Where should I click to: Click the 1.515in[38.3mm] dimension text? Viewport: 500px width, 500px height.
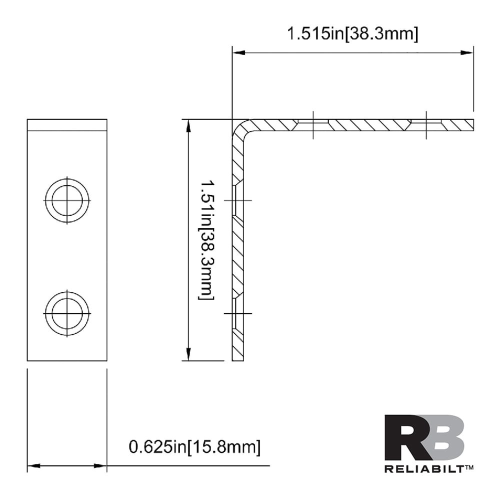tap(352, 34)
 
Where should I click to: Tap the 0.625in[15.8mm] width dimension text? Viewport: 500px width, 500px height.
tap(194, 446)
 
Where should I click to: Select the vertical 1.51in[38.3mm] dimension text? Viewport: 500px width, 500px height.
tap(207, 240)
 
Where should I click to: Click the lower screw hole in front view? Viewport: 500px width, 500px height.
tap(67, 313)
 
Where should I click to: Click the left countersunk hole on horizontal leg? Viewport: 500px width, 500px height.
tap(312, 123)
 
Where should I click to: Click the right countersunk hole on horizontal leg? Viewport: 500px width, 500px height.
tap(425, 123)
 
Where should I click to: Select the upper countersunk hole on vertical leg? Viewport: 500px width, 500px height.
tap(237, 200)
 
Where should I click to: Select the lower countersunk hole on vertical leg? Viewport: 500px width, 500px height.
tap(237, 313)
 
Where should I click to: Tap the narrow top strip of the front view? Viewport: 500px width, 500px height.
tap(67, 124)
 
